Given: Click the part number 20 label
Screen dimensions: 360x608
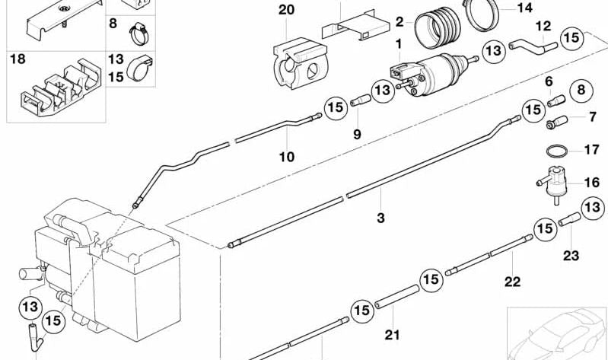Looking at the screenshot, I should tap(285, 10).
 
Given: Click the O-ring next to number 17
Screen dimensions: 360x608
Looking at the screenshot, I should tap(557, 148).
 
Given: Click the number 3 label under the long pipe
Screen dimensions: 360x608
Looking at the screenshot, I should tap(380, 218).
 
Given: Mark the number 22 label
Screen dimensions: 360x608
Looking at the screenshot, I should tap(512, 282).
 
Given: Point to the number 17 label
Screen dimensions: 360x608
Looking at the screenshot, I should tap(591, 149).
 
